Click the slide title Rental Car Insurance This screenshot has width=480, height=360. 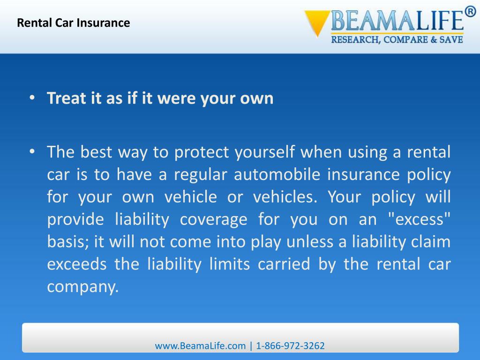pyautogui.click(x=74, y=22)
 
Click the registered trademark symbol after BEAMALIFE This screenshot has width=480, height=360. pyautogui.click(x=470, y=12)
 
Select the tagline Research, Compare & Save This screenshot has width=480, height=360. pyautogui.click(x=397, y=40)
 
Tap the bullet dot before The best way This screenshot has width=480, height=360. pyautogui.click(x=31, y=152)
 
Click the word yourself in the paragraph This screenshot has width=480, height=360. pyautogui.click(x=265, y=152)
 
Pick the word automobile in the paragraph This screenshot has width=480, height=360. pyautogui.click(x=277, y=175)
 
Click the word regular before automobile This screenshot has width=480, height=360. pyautogui.click(x=201, y=175)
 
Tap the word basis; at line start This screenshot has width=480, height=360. pyautogui.click(x=68, y=242)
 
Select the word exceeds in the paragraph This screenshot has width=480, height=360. pyautogui.click(x=77, y=265)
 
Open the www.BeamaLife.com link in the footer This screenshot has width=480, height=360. pyautogui.click(x=200, y=346)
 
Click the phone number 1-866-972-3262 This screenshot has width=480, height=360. pyautogui.click(x=290, y=346)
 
